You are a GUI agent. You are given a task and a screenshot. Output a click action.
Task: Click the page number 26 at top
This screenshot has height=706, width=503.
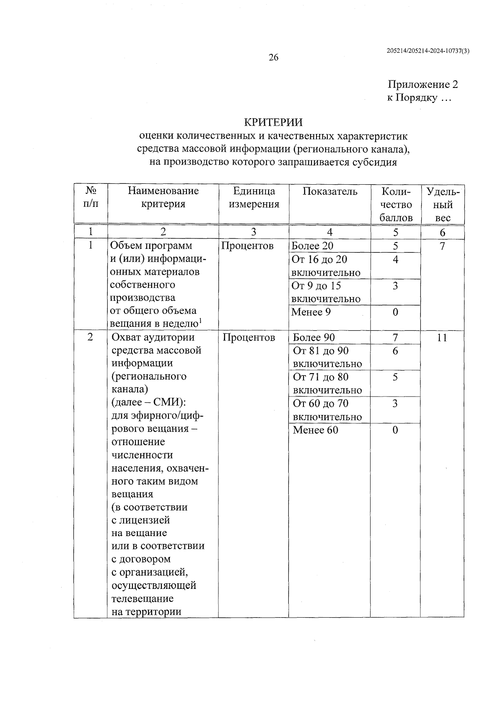tap(273, 58)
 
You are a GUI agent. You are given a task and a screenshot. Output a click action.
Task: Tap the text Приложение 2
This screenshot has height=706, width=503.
tap(423, 85)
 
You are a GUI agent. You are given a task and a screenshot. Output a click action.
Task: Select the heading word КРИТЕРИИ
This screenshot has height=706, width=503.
tap(273, 122)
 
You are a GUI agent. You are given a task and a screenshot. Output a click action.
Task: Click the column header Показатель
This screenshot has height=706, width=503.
tap(330, 192)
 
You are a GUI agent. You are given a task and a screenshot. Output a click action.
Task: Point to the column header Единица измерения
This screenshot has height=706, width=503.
tap(254, 198)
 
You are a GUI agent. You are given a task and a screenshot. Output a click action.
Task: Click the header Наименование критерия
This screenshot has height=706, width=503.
tap(163, 198)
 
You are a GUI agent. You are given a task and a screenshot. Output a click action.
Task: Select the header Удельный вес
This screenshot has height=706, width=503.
tap(443, 205)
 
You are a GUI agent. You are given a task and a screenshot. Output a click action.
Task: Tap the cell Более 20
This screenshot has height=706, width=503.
tap(313, 246)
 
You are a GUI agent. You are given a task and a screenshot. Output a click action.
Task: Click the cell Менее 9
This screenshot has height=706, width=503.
tap(311, 312)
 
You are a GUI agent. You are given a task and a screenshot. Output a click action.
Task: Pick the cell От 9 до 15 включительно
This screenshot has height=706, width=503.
tap(325, 292)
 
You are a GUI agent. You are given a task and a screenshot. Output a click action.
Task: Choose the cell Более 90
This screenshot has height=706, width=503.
tap(314, 338)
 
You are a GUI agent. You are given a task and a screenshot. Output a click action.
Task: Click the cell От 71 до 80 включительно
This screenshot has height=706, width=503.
tap(327, 383)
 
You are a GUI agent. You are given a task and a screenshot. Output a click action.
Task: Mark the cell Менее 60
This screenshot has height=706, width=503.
tap(315, 430)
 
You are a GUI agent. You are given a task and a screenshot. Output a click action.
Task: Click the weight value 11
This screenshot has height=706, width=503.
tap(442, 338)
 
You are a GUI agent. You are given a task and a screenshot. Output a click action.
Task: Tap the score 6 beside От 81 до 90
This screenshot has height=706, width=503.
tap(395, 351)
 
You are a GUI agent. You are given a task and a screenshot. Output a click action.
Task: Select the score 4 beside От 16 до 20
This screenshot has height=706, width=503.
tap(395, 260)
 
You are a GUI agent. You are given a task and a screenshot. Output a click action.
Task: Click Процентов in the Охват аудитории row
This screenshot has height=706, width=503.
tap(249, 338)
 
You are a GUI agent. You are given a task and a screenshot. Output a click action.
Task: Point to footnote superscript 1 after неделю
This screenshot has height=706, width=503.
tap(201, 321)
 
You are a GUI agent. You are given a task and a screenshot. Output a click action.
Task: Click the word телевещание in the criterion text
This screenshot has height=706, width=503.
tap(143, 598)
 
